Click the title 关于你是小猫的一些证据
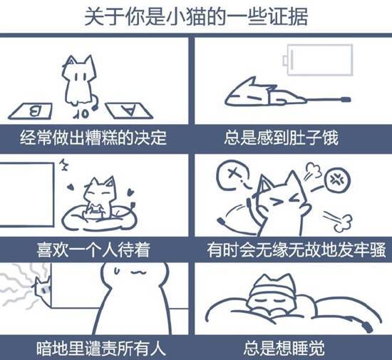(x=196, y=16)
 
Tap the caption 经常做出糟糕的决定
(x=93, y=138)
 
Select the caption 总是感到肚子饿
(x=282, y=138)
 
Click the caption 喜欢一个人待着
(x=93, y=250)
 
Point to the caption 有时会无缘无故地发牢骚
(x=296, y=250)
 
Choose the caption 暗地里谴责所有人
(x=101, y=349)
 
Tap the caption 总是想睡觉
(x=284, y=349)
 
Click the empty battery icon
(x=318, y=60)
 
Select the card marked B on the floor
(x=31, y=111)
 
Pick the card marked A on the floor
(x=129, y=110)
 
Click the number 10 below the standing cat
(x=81, y=114)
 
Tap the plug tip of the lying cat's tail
(x=346, y=100)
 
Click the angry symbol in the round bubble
(x=336, y=179)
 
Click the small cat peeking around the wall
(x=43, y=287)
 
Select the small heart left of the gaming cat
(x=71, y=187)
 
